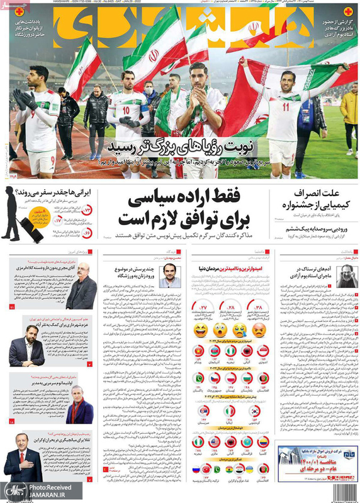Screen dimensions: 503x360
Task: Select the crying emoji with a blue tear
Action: click(220, 329)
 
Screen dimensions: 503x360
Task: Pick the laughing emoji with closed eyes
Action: click(201, 329)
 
